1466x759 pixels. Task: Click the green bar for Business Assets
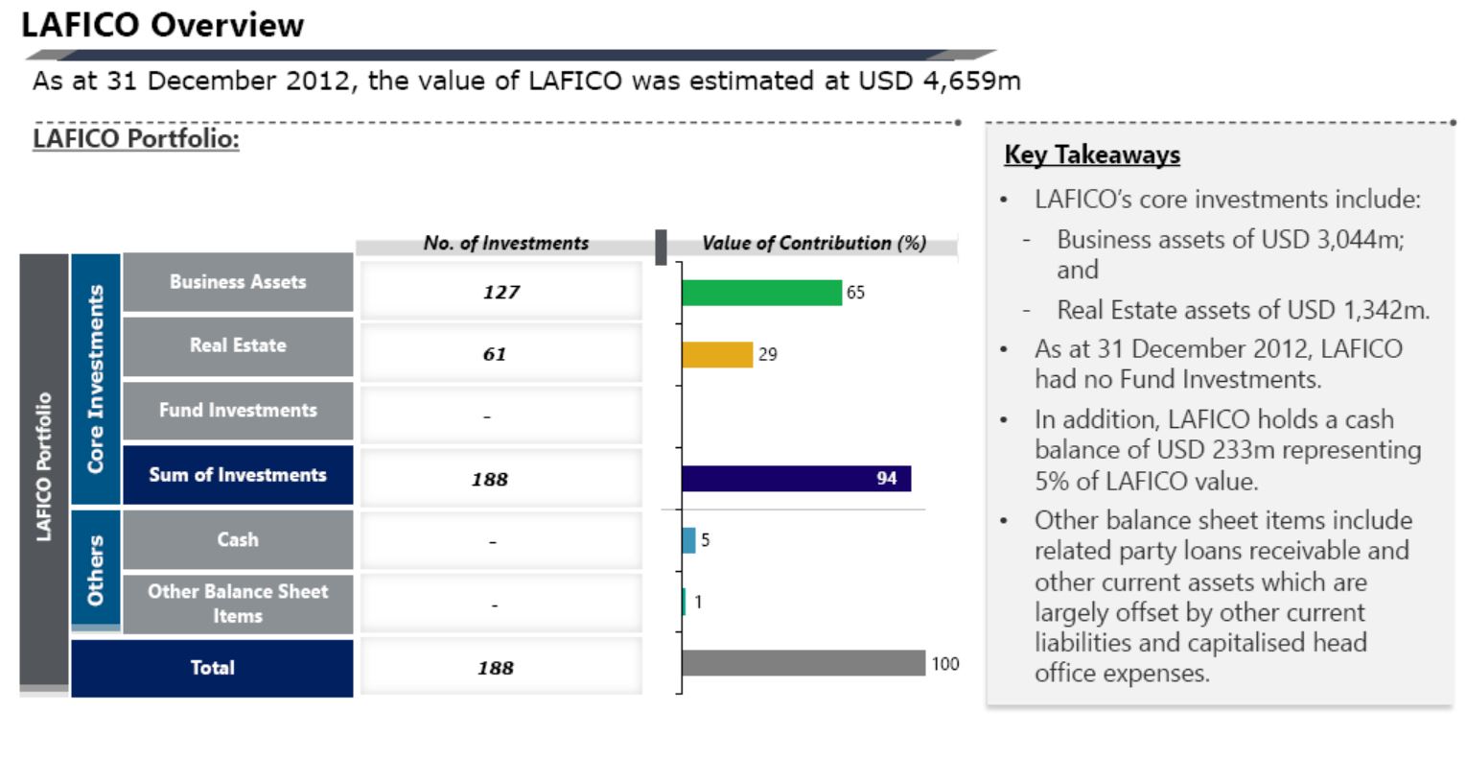tap(762, 293)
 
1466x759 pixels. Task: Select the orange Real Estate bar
tap(717, 355)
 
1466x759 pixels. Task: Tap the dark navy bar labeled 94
tap(797, 479)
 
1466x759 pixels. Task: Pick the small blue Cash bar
tap(688, 540)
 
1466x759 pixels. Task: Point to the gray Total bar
tap(803, 663)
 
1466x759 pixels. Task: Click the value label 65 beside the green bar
tap(855, 293)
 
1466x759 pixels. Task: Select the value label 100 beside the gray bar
tap(945, 664)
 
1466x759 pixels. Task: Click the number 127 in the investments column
tap(501, 292)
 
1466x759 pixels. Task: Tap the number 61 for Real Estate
tap(495, 354)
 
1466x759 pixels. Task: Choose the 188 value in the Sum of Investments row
tap(490, 480)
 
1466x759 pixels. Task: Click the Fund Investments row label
tap(238, 410)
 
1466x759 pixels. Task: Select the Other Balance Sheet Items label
tap(238, 604)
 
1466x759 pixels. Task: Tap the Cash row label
tap(238, 539)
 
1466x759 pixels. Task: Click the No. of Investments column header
tap(506, 243)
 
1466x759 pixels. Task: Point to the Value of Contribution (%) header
tap(814, 243)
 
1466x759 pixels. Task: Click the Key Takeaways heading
tap(1092, 154)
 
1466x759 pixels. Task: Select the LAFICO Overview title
tap(162, 25)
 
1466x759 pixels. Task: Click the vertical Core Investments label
tap(96, 378)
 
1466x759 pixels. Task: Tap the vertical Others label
tap(96, 570)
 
